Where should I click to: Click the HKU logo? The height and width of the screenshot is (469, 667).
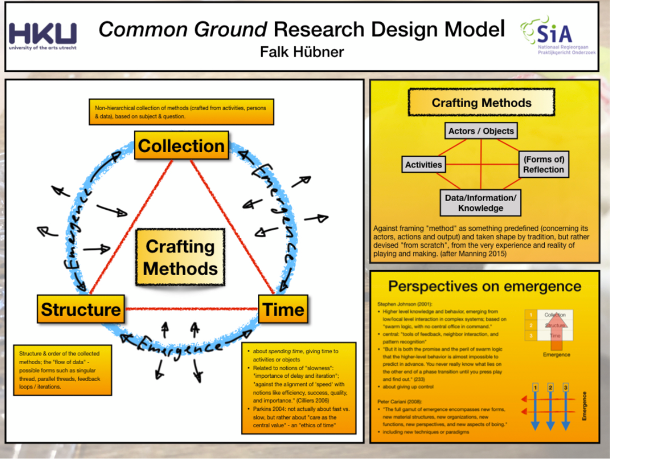coord(42,36)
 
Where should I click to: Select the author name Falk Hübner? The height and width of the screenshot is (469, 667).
coord(302,52)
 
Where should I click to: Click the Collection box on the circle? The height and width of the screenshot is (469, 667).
coord(181,146)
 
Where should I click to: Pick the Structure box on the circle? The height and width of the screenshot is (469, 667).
coord(80,309)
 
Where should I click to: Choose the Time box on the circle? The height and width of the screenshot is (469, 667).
coord(283,309)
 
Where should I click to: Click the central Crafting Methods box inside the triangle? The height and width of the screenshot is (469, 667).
coord(180,257)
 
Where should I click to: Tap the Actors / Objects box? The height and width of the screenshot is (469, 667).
coord(481,131)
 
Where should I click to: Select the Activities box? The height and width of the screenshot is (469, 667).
coord(424,164)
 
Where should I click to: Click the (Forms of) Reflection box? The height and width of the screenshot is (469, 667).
coord(543,164)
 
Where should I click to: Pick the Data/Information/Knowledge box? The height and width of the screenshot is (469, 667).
coord(480,203)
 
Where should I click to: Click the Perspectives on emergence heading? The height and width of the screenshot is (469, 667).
coord(484,286)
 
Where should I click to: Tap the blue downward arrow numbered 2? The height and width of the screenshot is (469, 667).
coord(551,408)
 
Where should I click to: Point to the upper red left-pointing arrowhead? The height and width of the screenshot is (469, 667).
coord(525,399)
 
